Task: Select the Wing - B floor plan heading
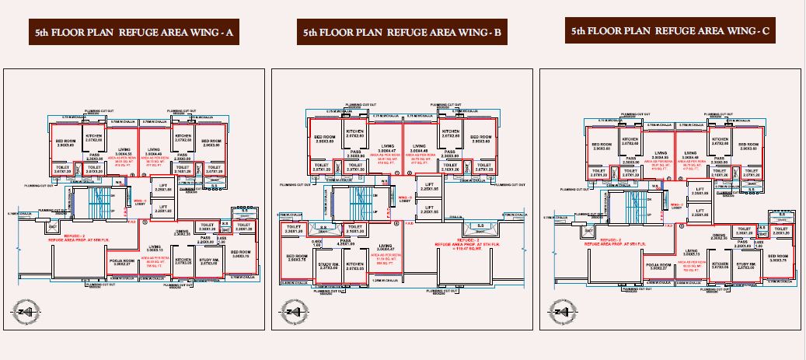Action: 403,33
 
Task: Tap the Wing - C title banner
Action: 670,32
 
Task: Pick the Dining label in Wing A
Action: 182,232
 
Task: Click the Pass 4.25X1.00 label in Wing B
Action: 345,243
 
